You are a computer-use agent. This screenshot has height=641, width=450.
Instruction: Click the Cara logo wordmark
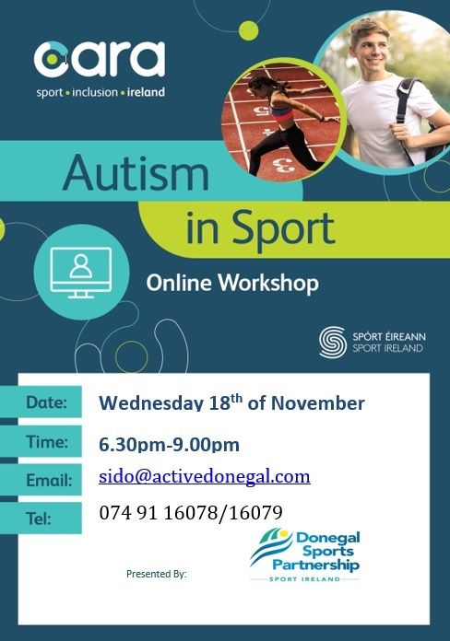100,59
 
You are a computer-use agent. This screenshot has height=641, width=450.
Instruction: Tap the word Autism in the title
136,172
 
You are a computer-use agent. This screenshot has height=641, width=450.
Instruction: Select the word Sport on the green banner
284,228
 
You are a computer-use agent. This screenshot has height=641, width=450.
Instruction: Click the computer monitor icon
80,273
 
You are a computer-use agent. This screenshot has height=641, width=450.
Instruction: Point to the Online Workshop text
232,283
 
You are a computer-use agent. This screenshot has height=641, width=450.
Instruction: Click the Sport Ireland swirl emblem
333,343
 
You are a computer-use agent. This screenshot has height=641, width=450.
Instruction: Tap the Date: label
46,402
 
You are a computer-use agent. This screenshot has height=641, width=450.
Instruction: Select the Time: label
47,441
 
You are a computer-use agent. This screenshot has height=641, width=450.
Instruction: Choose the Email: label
49,480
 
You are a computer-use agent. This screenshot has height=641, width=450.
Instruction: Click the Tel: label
39,519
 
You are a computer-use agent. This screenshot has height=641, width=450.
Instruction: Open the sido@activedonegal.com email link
205,477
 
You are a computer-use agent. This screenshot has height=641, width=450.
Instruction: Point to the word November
318,403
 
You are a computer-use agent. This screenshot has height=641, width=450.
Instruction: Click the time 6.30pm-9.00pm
169,445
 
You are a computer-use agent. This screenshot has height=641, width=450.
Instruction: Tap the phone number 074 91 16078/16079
191,512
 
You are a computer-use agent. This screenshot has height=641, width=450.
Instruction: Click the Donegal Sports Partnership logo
304,554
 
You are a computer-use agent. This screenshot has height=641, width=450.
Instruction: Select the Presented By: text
157,574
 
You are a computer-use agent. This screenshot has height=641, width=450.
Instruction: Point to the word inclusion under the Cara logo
95,92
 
